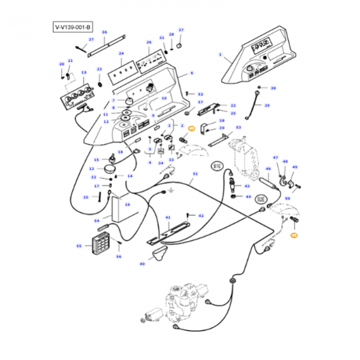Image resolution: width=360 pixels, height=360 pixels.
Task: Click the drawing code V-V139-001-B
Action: click(x=73, y=27)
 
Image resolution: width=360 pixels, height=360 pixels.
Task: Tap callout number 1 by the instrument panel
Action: click(x=220, y=54)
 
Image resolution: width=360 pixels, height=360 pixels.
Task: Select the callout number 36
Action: click(x=104, y=32)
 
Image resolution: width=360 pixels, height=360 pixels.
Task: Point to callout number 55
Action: click(x=79, y=246)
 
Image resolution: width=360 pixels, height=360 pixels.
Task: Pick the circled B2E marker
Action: click(x=261, y=199)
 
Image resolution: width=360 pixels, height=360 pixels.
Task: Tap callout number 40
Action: click(x=142, y=264)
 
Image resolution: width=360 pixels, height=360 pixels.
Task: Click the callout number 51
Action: click(x=195, y=174)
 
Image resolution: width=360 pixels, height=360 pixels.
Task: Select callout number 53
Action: click(x=238, y=127)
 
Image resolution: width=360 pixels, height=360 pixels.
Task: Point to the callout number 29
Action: click(x=267, y=105)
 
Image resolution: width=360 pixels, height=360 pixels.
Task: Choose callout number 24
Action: click(x=121, y=53)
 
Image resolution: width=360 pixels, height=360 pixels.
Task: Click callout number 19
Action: click(x=84, y=73)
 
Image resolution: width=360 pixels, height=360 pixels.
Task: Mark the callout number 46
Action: click(x=268, y=169)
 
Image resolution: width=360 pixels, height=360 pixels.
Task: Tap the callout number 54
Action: click(x=96, y=221)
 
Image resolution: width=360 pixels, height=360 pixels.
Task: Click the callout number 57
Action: click(x=201, y=102)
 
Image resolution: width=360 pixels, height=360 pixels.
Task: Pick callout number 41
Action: click(x=168, y=218)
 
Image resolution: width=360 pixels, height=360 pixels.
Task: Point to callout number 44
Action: click(x=248, y=196)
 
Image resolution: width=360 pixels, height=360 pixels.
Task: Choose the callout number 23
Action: click(x=100, y=69)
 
